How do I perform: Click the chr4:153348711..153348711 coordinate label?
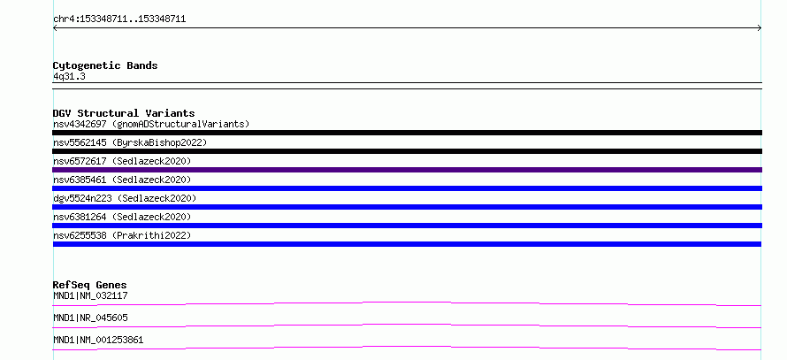click(119, 19)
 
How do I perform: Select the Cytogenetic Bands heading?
click(105, 65)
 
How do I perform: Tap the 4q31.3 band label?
click(69, 76)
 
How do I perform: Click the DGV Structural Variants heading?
click(124, 113)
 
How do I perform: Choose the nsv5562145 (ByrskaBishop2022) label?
click(130, 142)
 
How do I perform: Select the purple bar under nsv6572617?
click(407, 170)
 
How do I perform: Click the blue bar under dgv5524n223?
click(407, 207)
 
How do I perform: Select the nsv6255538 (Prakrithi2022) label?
click(122, 235)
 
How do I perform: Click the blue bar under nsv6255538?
click(407, 244)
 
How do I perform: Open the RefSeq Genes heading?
click(90, 285)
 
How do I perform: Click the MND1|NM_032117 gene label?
click(90, 295)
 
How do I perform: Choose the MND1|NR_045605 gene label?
click(90, 318)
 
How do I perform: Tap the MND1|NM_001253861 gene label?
click(98, 340)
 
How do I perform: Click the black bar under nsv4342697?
click(407, 133)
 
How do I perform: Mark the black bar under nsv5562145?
click(407, 151)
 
